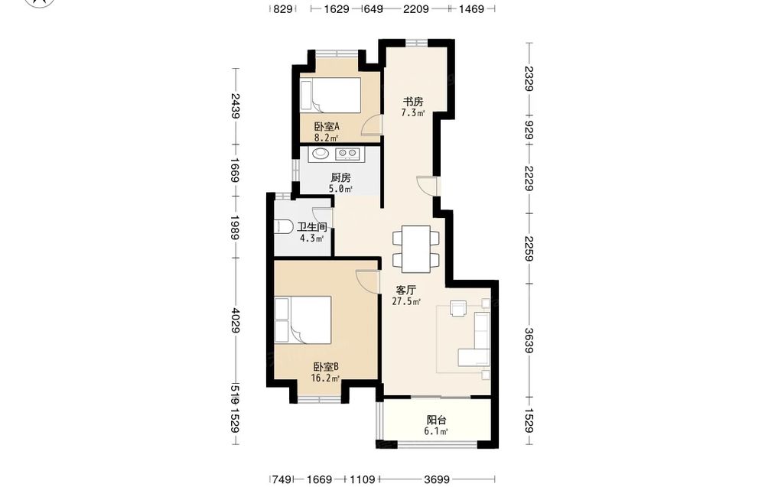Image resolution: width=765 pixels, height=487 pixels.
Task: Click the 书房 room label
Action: (413, 102)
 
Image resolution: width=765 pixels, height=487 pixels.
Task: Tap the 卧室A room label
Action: (327, 127)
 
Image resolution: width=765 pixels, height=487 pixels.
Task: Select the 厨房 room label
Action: (340, 178)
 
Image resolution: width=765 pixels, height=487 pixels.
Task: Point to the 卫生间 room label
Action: (312, 227)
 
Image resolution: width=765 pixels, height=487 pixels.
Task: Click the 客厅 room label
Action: (406, 290)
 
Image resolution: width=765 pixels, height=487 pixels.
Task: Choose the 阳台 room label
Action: (437, 420)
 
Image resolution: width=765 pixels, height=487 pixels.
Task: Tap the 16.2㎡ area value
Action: (325, 378)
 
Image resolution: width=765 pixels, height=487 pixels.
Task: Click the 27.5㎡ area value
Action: (406, 302)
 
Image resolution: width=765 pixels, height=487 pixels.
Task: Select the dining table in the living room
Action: (416, 248)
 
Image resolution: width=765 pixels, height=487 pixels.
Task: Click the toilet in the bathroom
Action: (284, 227)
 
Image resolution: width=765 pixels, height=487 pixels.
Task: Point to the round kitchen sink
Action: (320, 154)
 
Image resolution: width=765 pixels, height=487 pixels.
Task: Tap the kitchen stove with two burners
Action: (347, 154)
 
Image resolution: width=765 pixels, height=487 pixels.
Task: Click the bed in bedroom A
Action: (330, 95)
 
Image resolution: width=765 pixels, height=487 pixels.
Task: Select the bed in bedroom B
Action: (303, 320)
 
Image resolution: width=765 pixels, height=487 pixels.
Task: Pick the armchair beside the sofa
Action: (458, 308)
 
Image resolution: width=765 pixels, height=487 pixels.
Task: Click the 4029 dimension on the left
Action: (235, 320)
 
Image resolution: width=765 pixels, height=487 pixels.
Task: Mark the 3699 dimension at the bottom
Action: (437, 479)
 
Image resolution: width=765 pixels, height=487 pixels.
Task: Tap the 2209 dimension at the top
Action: (415, 8)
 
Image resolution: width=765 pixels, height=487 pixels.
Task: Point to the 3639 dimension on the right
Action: (529, 339)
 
